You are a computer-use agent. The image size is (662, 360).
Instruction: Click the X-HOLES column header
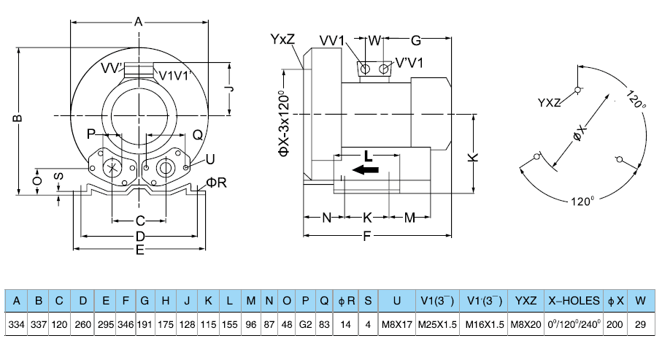tap(574, 300)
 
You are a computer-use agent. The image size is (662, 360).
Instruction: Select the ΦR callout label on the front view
tap(217, 182)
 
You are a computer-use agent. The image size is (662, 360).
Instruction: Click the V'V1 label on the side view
tap(409, 64)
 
